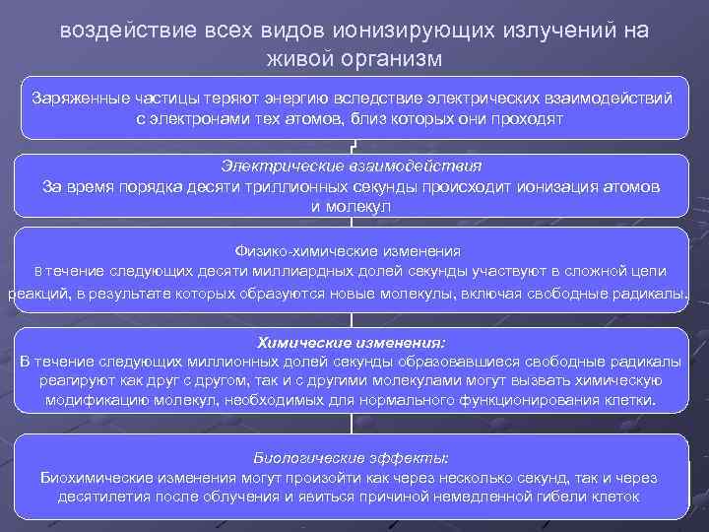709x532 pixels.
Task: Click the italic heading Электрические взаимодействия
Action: (x=351, y=166)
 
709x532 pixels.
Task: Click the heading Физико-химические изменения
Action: (x=351, y=250)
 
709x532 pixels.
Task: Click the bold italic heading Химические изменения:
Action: (x=351, y=343)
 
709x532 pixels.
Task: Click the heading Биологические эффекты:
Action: (x=351, y=458)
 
